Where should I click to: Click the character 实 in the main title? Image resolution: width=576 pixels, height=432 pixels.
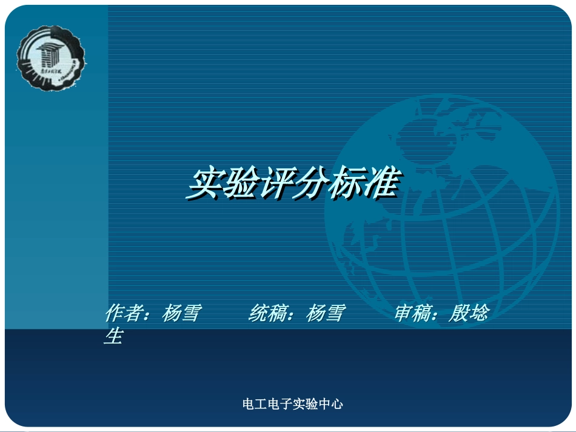[204, 184]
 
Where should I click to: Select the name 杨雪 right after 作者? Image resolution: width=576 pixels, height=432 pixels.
[181, 314]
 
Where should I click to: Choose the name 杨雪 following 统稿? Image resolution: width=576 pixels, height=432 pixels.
[326, 314]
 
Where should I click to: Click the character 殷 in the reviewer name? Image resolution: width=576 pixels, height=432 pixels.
[458, 314]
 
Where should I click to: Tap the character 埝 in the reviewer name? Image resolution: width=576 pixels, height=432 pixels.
[478, 314]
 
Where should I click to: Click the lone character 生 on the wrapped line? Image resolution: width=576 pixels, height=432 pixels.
[113, 336]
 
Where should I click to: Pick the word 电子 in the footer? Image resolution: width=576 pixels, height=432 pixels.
[280, 404]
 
